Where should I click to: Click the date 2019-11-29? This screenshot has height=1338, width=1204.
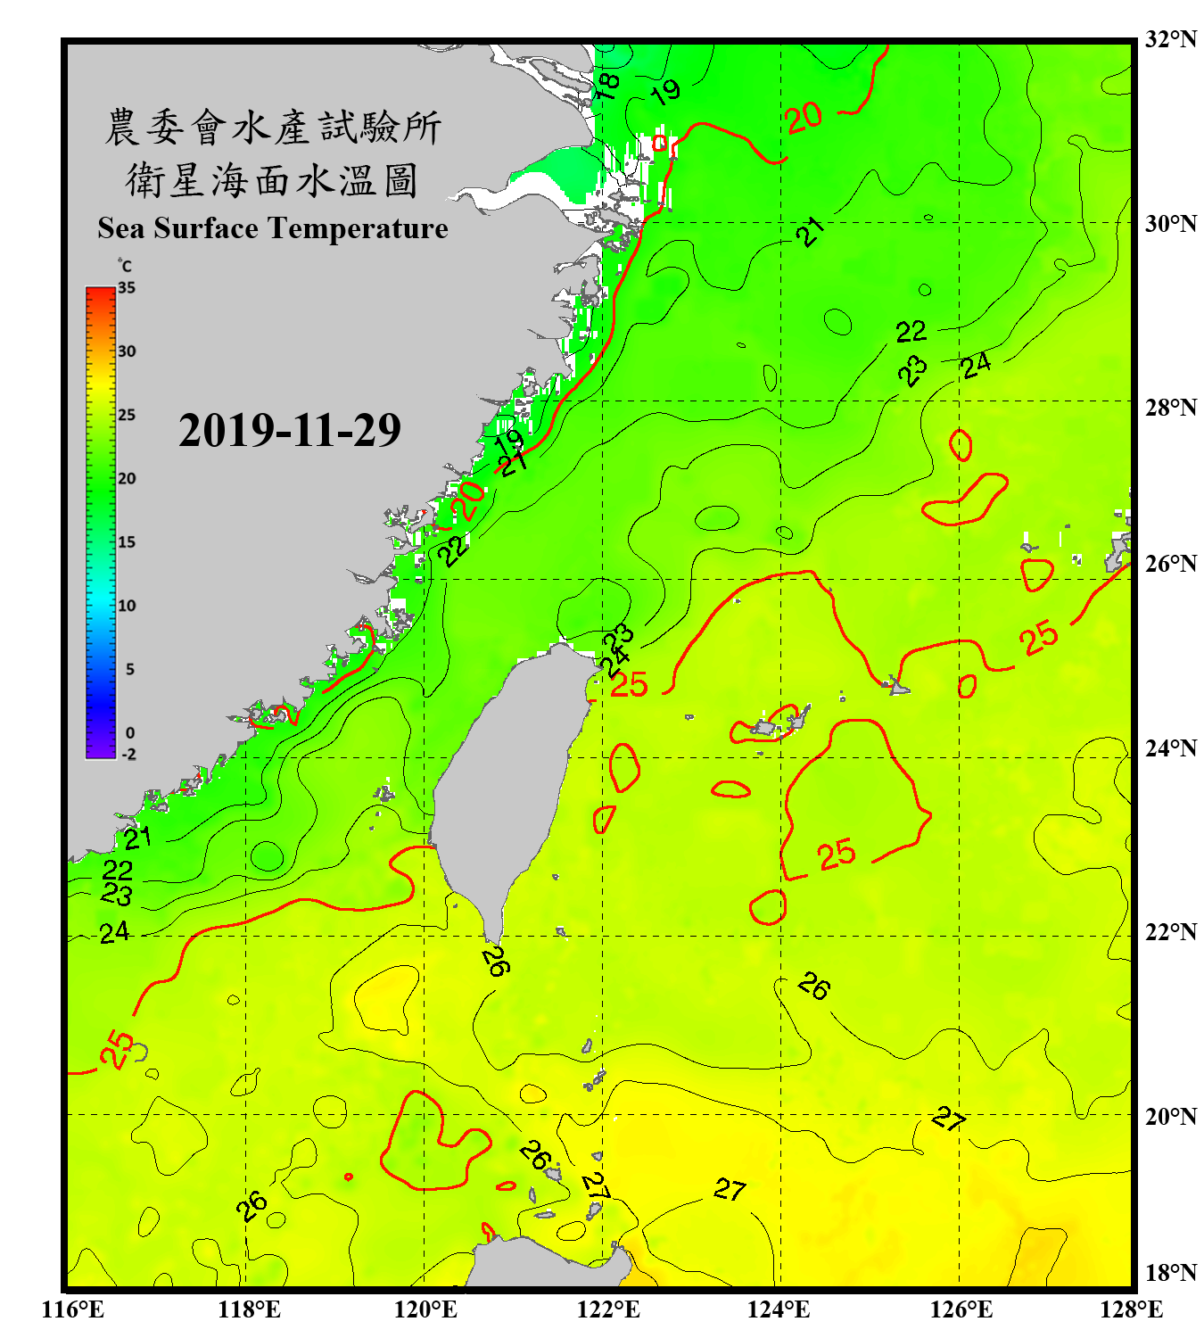tap(289, 431)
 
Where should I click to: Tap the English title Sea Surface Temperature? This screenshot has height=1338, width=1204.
tap(272, 228)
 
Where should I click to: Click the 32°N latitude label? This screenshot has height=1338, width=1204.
tap(1170, 39)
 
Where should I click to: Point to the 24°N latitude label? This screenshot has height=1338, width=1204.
tap(1170, 747)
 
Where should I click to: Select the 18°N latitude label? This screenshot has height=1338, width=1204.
tap(1170, 1273)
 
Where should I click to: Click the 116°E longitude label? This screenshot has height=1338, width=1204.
tap(73, 1309)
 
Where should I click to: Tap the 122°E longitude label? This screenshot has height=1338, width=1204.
tap(608, 1309)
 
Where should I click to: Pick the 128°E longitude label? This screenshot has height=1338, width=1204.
tap(1131, 1309)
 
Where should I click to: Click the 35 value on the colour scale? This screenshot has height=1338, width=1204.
tap(127, 288)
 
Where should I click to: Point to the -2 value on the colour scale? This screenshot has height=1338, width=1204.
tap(128, 754)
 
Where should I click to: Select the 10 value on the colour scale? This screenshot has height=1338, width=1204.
tap(127, 606)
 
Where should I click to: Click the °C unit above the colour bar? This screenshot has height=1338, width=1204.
tap(124, 266)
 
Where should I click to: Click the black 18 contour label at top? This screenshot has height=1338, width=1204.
tap(607, 86)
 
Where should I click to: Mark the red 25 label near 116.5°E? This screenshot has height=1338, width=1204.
tap(117, 1049)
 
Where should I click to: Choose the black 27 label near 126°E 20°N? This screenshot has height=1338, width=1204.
tap(949, 1119)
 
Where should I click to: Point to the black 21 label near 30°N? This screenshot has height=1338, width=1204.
tap(810, 231)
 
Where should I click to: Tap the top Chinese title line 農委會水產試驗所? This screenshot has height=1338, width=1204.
tap(272, 128)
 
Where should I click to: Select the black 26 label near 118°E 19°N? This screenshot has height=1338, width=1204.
tap(252, 1206)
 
